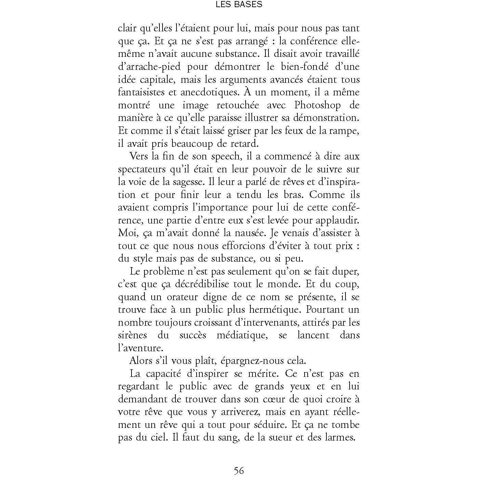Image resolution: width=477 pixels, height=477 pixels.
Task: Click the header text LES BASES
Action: point(238,5)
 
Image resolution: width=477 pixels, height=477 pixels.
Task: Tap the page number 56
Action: point(239,471)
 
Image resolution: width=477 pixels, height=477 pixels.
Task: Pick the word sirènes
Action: point(133,335)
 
